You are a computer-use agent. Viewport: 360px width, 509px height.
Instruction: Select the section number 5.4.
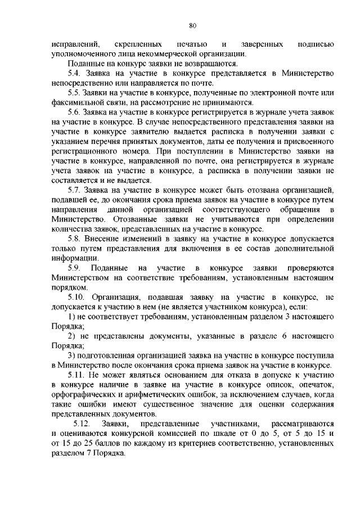tap(75, 73)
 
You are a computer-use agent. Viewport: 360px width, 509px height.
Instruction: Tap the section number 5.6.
tap(75, 112)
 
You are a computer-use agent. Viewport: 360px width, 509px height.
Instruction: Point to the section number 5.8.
tap(75, 239)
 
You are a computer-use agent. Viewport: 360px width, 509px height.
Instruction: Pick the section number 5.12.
tap(83, 422)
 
